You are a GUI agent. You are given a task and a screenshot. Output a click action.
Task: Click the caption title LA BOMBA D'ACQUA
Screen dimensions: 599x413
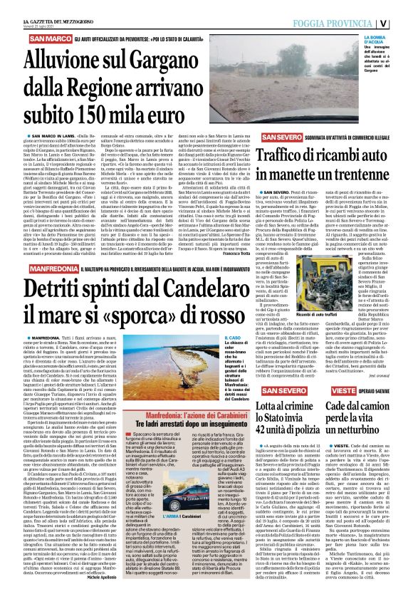(x=393, y=43)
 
